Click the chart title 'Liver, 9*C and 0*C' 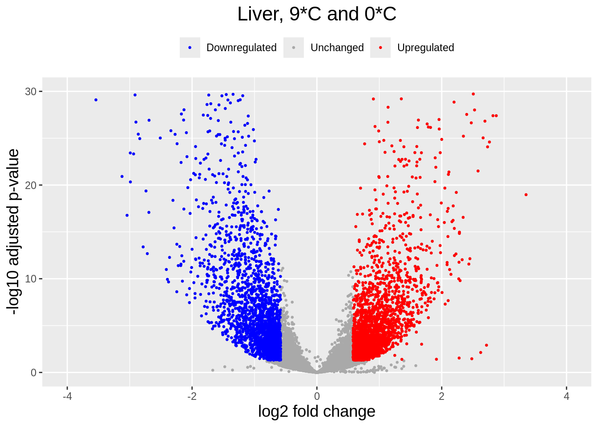coord(316,14)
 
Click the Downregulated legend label coord(241,48)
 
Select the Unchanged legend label coord(337,48)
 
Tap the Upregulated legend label coord(425,48)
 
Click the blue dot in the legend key coord(190,48)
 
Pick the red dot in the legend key coord(380,48)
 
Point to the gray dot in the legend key coord(294,48)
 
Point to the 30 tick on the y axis coord(31,92)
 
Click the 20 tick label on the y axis coord(31,185)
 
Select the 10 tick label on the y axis coord(31,279)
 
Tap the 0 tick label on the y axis coord(34,373)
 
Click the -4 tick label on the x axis coord(67,396)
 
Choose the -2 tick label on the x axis coord(192,396)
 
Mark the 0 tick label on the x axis coord(317,396)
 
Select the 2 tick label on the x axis coord(441,396)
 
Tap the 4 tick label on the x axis coord(566,396)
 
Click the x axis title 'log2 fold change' coord(316,411)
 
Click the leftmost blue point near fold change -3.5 coord(96,100)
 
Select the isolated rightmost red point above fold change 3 coord(526,195)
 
